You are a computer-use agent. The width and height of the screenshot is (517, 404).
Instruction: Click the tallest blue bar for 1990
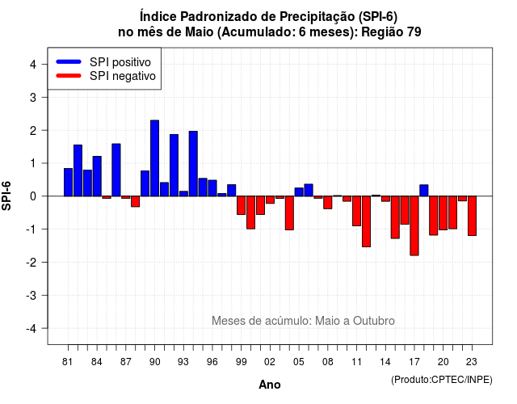pyautogui.click(x=154, y=158)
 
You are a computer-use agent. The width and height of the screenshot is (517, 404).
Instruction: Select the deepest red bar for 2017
pyautogui.click(x=414, y=226)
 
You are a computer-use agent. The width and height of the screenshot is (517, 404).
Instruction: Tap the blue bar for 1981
pyautogui.click(x=68, y=183)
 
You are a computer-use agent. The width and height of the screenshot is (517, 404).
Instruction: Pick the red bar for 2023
pyautogui.click(x=472, y=216)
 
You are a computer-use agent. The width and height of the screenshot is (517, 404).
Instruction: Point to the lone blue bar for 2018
pyautogui.click(x=424, y=191)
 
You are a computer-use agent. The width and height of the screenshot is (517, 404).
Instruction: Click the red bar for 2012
pyautogui.click(x=366, y=221)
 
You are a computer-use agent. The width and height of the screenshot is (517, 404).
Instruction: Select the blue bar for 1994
pyautogui.click(x=193, y=164)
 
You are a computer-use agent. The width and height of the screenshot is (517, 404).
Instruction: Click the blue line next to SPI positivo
pyautogui.click(x=69, y=61)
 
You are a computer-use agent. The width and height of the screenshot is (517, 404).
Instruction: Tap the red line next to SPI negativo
pyautogui.click(x=69, y=76)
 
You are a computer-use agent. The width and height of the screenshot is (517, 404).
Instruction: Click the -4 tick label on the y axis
pyautogui.click(x=32, y=329)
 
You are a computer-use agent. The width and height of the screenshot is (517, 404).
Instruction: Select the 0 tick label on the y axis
pyautogui.click(x=33, y=196)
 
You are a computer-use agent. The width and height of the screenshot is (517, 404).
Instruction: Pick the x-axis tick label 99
pyautogui.click(x=242, y=362)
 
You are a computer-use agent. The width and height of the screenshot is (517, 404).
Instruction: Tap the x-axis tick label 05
pyautogui.click(x=299, y=362)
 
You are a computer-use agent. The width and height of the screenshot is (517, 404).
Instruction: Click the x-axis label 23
pyautogui.click(x=472, y=362)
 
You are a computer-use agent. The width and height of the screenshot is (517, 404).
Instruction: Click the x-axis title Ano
pyautogui.click(x=270, y=385)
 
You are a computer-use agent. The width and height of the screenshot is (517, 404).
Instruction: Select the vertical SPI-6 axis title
pyautogui.click(x=6, y=196)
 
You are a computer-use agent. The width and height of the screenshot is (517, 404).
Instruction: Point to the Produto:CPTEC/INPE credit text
pyautogui.click(x=442, y=380)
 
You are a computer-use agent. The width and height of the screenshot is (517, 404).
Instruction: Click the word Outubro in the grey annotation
pyautogui.click(x=374, y=321)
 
